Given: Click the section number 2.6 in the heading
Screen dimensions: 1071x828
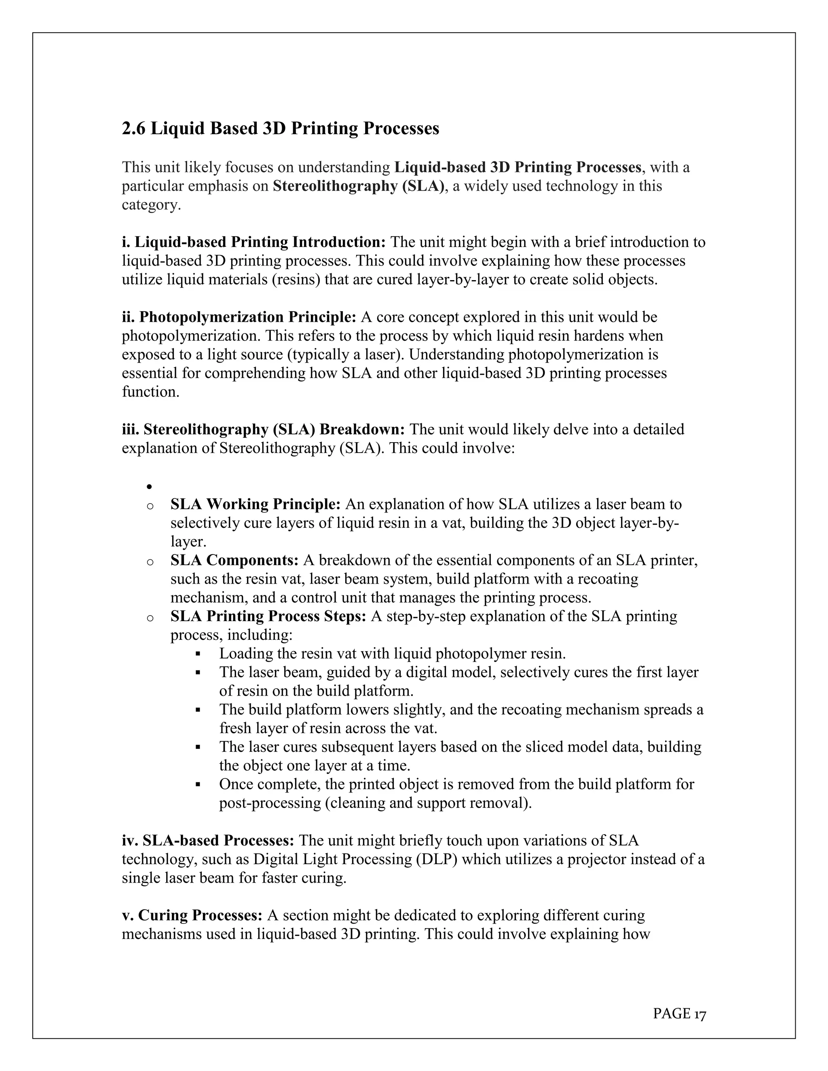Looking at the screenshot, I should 133,129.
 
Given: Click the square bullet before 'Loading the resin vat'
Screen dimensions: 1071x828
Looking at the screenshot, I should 198,654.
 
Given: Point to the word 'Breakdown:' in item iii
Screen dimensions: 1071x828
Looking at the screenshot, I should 361,430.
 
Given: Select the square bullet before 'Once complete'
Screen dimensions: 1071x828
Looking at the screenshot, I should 198,784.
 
